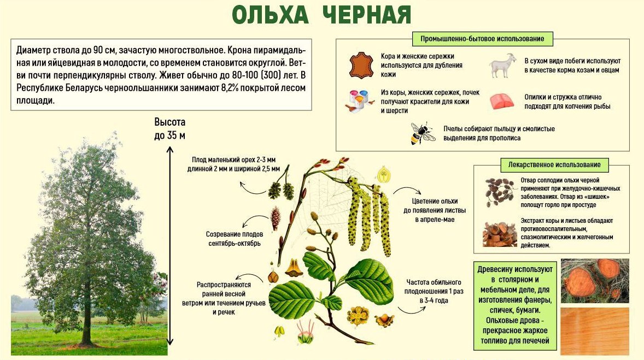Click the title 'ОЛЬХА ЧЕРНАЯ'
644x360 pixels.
point(321,15)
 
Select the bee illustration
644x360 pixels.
point(422,133)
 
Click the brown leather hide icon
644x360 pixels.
point(361,65)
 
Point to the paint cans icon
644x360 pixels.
point(359,101)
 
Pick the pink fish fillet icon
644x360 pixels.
point(502,102)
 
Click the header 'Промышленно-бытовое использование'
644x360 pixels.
point(482,39)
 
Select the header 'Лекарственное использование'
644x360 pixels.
point(554,165)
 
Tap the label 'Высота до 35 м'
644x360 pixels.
point(169,128)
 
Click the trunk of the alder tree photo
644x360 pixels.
point(87,312)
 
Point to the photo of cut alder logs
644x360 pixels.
point(595,281)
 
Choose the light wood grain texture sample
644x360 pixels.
point(595,331)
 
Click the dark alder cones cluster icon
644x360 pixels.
point(499,191)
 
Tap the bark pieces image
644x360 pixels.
point(500,234)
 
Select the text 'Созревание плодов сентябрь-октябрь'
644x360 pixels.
point(234,239)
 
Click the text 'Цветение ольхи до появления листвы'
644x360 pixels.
point(435,205)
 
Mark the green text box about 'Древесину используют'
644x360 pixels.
point(515,305)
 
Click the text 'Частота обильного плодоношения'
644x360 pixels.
point(434,286)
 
